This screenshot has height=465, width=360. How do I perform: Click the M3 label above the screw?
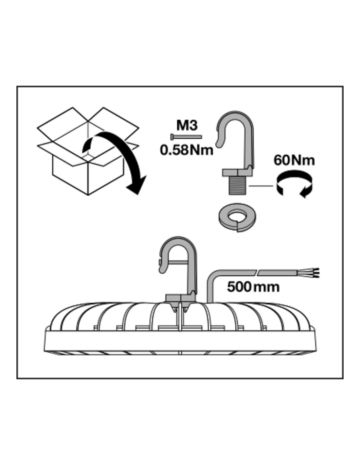point(187,125)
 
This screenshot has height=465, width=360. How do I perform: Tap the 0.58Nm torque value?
point(186,150)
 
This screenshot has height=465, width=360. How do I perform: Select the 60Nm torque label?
point(294,160)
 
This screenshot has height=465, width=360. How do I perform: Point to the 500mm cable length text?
point(253,287)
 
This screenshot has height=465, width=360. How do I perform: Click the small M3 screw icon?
point(185,136)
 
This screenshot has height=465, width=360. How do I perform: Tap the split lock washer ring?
point(237,217)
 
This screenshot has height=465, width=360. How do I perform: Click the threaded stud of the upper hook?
point(238,185)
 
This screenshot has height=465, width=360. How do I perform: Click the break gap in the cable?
point(257,272)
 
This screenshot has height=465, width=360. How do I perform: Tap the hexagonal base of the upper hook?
point(238,172)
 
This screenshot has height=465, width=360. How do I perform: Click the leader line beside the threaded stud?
point(261,186)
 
